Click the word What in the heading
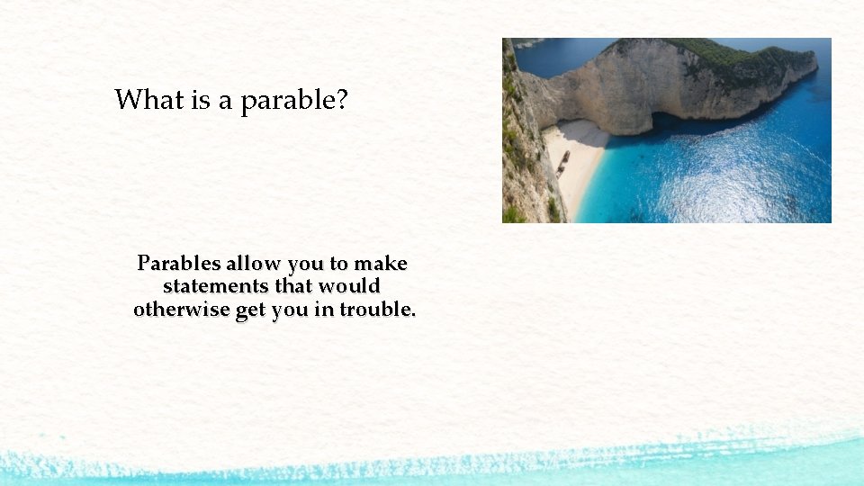[x=149, y=100]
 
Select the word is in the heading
[x=201, y=100]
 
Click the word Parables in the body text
[x=177, y=264]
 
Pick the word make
[x=381, y=264]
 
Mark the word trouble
[x=377, y=310]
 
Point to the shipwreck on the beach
[x=563, y=162]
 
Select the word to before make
[x=338, y=265]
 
